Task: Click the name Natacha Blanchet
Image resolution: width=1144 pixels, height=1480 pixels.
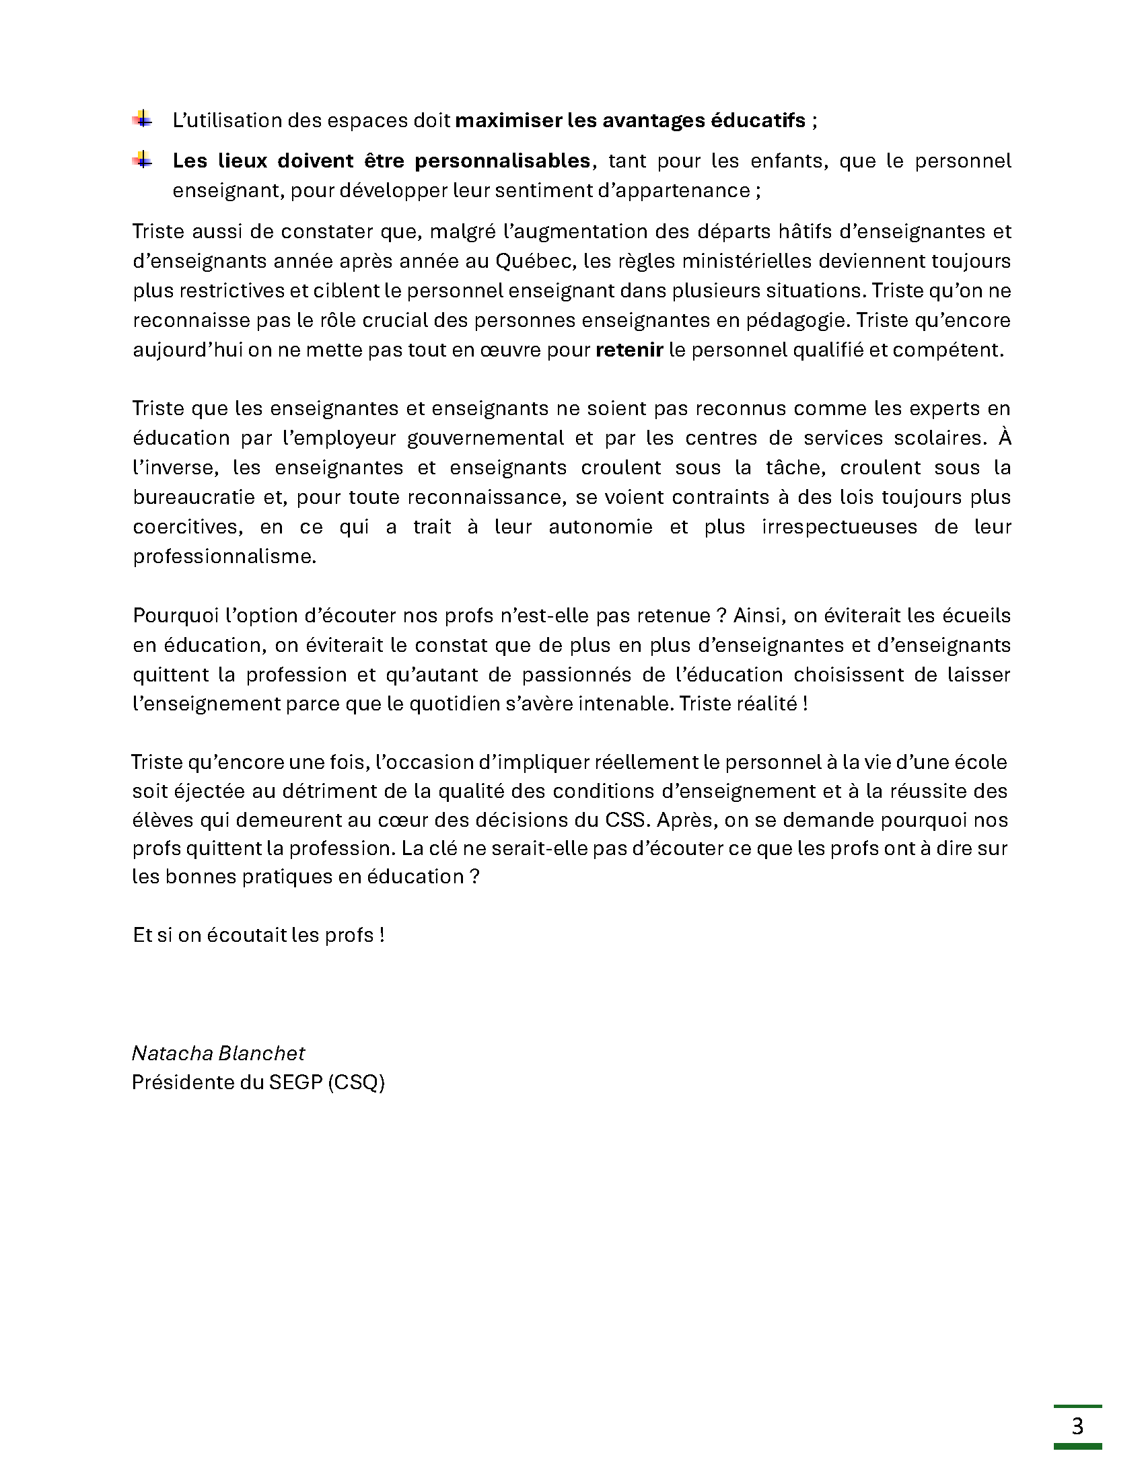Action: click(x=218, y=1052)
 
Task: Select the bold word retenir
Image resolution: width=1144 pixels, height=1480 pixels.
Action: click(x=629, y=350)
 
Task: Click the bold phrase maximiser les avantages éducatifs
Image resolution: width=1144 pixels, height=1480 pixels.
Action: click(x=631, y=120)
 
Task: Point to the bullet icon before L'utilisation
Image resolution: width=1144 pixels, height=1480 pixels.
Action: click(x=142, y=118)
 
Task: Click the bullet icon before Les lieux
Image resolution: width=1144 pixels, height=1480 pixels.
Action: click(x=142, y=159)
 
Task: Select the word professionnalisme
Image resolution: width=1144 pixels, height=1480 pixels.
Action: click(x=224, y=556)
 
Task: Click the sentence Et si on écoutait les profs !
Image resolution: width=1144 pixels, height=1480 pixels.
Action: click(x=259, y=935)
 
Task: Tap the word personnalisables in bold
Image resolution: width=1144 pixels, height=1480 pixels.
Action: click(x=502, y=161)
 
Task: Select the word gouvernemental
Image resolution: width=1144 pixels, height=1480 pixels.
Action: click(x=485, y=438)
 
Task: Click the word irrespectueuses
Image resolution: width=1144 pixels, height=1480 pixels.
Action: click(x=839, y=527)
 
